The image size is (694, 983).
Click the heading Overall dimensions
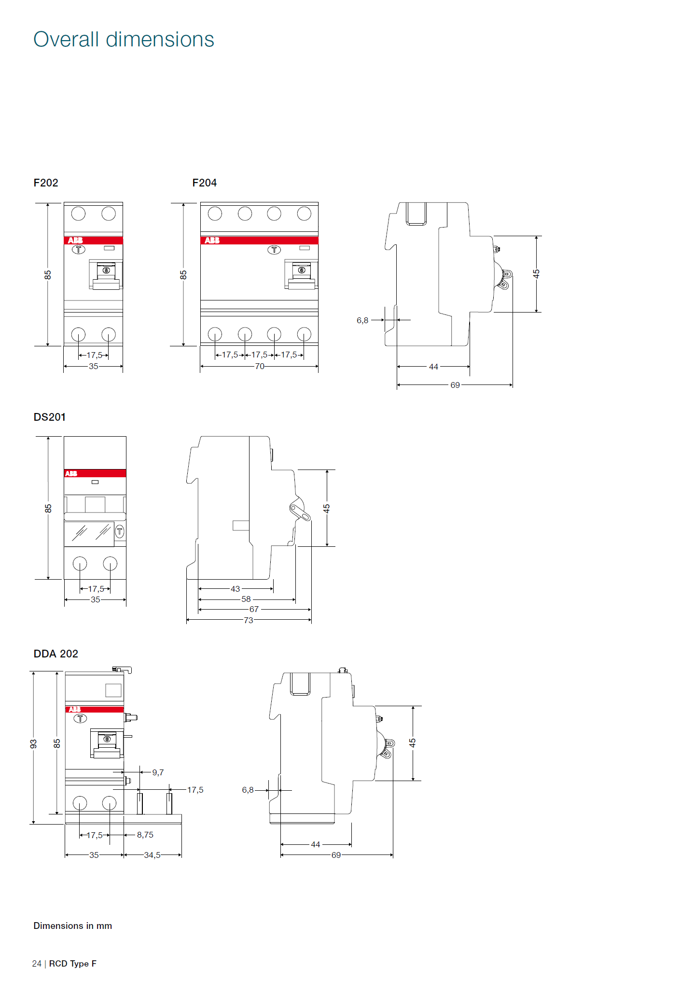click(124, 40)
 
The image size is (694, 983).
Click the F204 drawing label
click(204, 183)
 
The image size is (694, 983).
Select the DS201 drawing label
click(49, 417)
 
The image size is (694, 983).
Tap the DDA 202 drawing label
click(56, 654)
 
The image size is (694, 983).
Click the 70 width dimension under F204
click(260, 367)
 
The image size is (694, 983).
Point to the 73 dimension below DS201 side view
click(248, 620)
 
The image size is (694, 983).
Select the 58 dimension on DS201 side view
click(246, 599)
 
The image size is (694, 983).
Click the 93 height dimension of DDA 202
click(33, 744)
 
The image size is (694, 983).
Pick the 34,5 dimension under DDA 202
click(152, 855)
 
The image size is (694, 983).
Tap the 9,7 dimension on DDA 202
click(158, 773)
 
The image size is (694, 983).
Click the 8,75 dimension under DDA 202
click(145, 835)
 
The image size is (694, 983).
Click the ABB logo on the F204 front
click(212, 241)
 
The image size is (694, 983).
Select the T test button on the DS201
click(120, 532)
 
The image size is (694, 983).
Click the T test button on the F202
click(79, 250)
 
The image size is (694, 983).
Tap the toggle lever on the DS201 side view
click(300, 512)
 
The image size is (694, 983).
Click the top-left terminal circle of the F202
click(78, 214)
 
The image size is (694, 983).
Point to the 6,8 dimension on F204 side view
click(362, 320)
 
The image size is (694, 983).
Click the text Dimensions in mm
click(72, 926)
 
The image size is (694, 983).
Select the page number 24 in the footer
click(37, 964)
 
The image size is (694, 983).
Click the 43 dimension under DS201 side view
click(235, 589)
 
